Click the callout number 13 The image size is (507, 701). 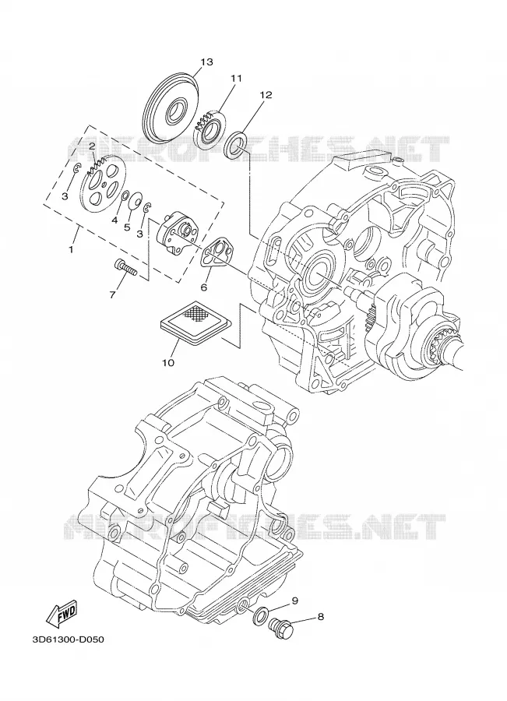[x=206, y=62]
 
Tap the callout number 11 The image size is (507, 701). [x=236, y=78]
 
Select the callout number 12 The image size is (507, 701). [x=266, y=95]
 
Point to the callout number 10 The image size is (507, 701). [x=168, y=362]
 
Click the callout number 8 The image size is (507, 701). [x=320, y=618]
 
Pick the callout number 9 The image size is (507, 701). [x=294, y=601]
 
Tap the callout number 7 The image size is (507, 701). [x=112, y=294]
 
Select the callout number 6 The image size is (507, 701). [x=204, y=287]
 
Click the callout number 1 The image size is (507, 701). [x=71, y=249]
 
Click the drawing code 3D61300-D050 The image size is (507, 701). [x=68, y=639]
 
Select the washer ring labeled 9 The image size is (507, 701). [x=260, y=615]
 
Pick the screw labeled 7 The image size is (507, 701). [x=125, y=267]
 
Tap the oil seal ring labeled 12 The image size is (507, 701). [x=235, y=143]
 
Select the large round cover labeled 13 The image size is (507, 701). [x=171, y=107]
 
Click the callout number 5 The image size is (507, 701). [x=127, y=227]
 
